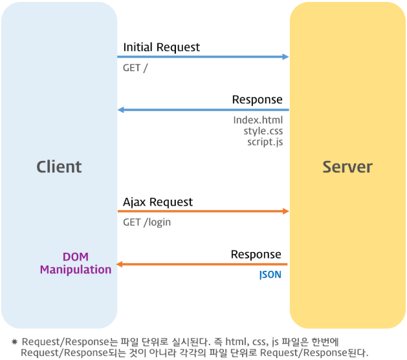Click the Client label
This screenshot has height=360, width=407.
pos(59,167)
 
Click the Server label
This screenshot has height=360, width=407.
pos(347,167)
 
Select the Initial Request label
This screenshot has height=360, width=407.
pos(161,47)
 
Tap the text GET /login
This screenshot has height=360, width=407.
pos(147,222)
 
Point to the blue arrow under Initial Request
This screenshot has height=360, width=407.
pos(203,57)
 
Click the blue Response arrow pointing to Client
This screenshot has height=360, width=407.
pos(203,110)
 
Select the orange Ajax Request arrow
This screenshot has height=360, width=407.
pos(203,211)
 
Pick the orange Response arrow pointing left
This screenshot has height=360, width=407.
pos(203,264)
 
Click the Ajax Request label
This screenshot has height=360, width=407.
pos(158,202)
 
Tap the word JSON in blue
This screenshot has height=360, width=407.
pos(270,275)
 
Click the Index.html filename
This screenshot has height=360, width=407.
pos(258,120)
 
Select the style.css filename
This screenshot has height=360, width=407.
pos(263,131)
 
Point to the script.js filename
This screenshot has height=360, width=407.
pos(265,141)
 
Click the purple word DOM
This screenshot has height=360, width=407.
pos(75,257)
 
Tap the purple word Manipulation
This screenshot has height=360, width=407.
pos(76,270)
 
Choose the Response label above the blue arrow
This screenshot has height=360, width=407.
pos(257,100)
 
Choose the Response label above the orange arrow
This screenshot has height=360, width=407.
pos(256,255)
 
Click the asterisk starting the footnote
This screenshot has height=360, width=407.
pos(14,341)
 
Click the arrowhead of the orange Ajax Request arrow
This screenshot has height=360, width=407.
pos(285,211)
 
